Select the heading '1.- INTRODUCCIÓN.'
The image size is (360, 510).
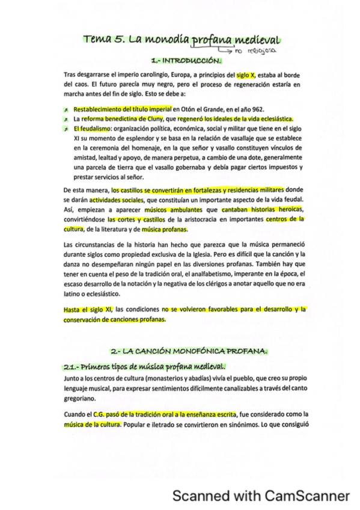[187, 61]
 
